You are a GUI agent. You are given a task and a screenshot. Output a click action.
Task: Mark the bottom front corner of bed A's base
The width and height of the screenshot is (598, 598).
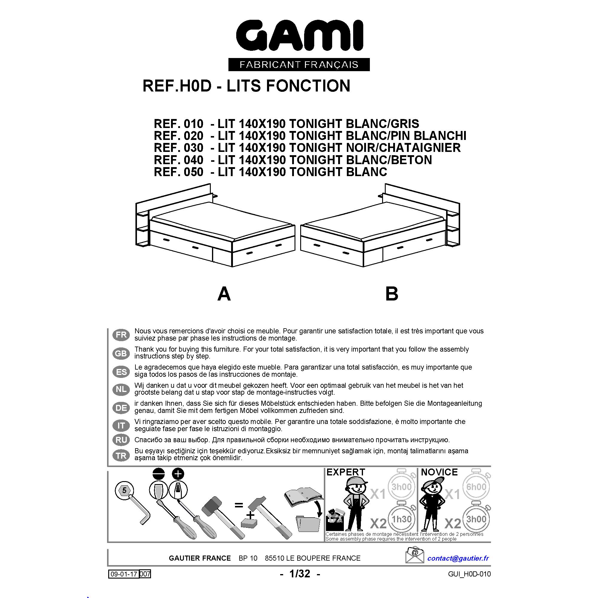(x=232, y=266)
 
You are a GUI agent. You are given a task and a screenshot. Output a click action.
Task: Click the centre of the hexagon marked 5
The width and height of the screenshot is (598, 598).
(x=124, y=490)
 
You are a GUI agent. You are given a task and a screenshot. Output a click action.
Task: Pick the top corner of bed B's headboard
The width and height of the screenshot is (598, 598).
(x=385, y=184)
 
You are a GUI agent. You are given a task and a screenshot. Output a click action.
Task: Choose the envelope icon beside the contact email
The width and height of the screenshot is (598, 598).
(x=415, y=555)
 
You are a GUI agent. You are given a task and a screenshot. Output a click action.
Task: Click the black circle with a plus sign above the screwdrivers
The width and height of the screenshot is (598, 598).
(x=178, y=474)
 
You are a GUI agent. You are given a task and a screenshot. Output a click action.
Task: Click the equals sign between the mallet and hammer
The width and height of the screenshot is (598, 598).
(x=239, y=505)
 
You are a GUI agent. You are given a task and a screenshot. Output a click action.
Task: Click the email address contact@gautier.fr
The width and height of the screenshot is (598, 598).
(x=458, y=558)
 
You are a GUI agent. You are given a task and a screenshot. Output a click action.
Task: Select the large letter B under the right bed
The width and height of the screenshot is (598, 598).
(x=392, y=294)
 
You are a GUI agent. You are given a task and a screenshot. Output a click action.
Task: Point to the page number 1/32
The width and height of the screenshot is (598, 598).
(x=300, y=574)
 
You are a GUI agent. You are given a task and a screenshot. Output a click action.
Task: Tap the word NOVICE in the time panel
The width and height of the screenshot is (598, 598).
(x=439, y=472)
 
